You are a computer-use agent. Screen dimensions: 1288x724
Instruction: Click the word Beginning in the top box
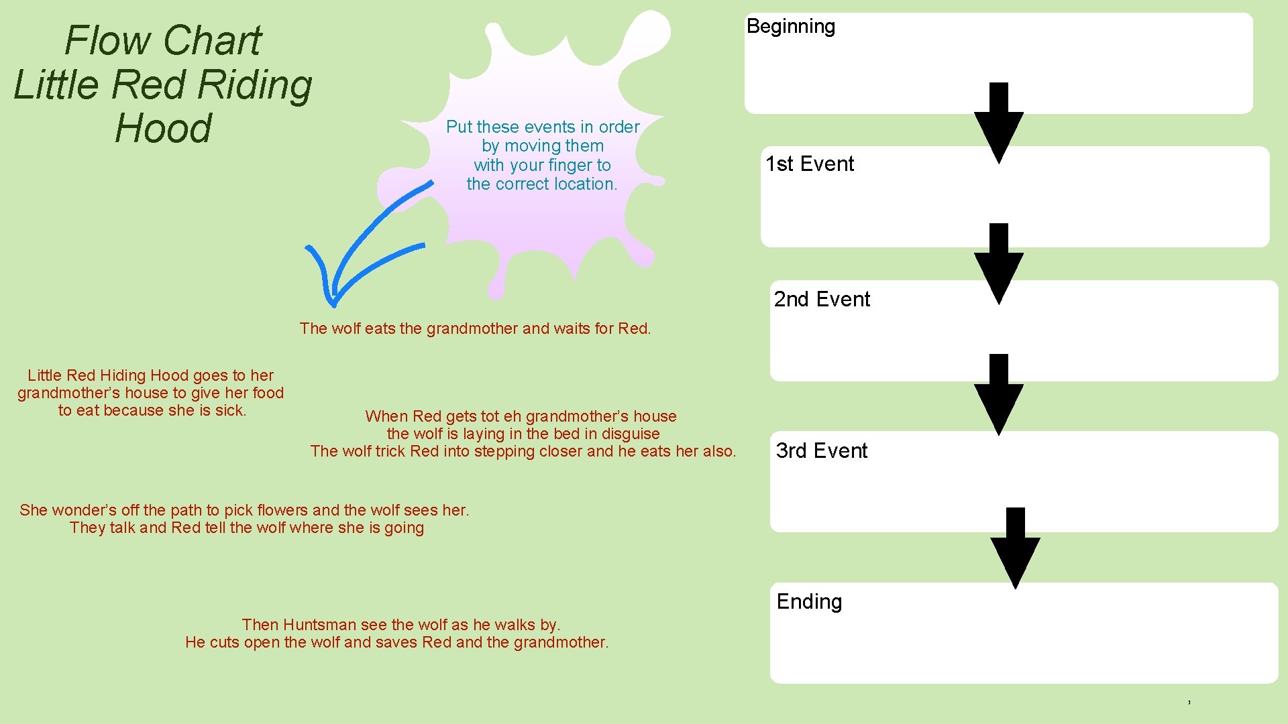coord(790,27)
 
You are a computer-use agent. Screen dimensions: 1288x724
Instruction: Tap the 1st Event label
coord(810,164)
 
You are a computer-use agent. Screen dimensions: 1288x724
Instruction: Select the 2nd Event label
coord(822,300)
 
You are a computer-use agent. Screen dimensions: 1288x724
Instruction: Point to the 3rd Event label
coord(821,451)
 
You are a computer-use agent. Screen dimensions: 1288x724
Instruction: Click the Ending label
coord(809,602)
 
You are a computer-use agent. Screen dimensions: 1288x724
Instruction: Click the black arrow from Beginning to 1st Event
coord(998,124)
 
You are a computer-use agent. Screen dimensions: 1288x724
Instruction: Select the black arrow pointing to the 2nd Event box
coord(998,264)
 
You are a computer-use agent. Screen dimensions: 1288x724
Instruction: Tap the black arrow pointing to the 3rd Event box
coord(998,395)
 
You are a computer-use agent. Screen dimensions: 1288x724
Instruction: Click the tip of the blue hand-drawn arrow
coord(333,303)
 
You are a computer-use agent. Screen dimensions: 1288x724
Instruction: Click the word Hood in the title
coord(163,129)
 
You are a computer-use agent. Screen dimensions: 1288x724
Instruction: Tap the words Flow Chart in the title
coord(163,41)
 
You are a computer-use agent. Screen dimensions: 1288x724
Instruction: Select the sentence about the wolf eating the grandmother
coord(475,328)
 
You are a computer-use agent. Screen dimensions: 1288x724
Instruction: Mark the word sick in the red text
coord(230,410)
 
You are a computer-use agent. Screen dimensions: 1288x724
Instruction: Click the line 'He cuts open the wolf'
coord(396,642)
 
